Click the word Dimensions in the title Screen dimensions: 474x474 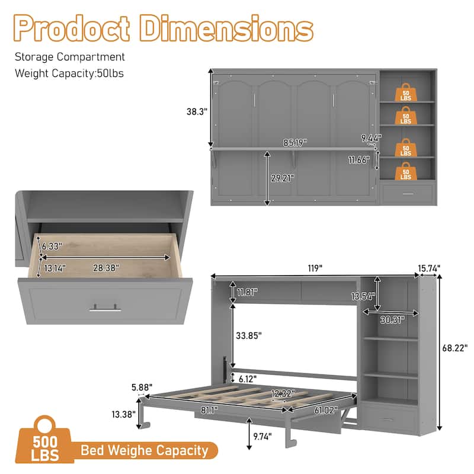tap(226, 28)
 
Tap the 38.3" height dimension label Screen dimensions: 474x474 tap(197, 111)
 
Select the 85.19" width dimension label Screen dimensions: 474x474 tap(295, 143)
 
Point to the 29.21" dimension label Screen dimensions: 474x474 tap(283, 178)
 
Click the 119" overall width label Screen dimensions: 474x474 tap(315, 268)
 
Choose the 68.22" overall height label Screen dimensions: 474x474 tap(454, 348)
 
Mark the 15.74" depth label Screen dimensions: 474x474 tap(429, 268)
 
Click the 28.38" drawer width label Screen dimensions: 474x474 tap(106, 268)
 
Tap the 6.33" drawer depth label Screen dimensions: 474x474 tap(52, 246)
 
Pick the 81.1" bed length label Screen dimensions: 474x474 tap(209, 410)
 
